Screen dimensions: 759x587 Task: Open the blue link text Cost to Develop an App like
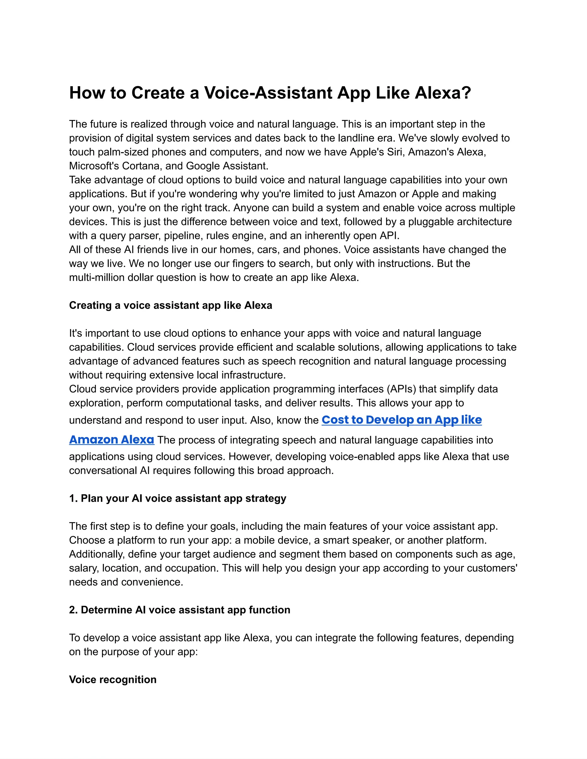(402, 420)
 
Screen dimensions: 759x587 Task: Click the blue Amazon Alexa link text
(111, 440)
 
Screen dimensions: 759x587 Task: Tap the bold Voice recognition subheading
(113, 679)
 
